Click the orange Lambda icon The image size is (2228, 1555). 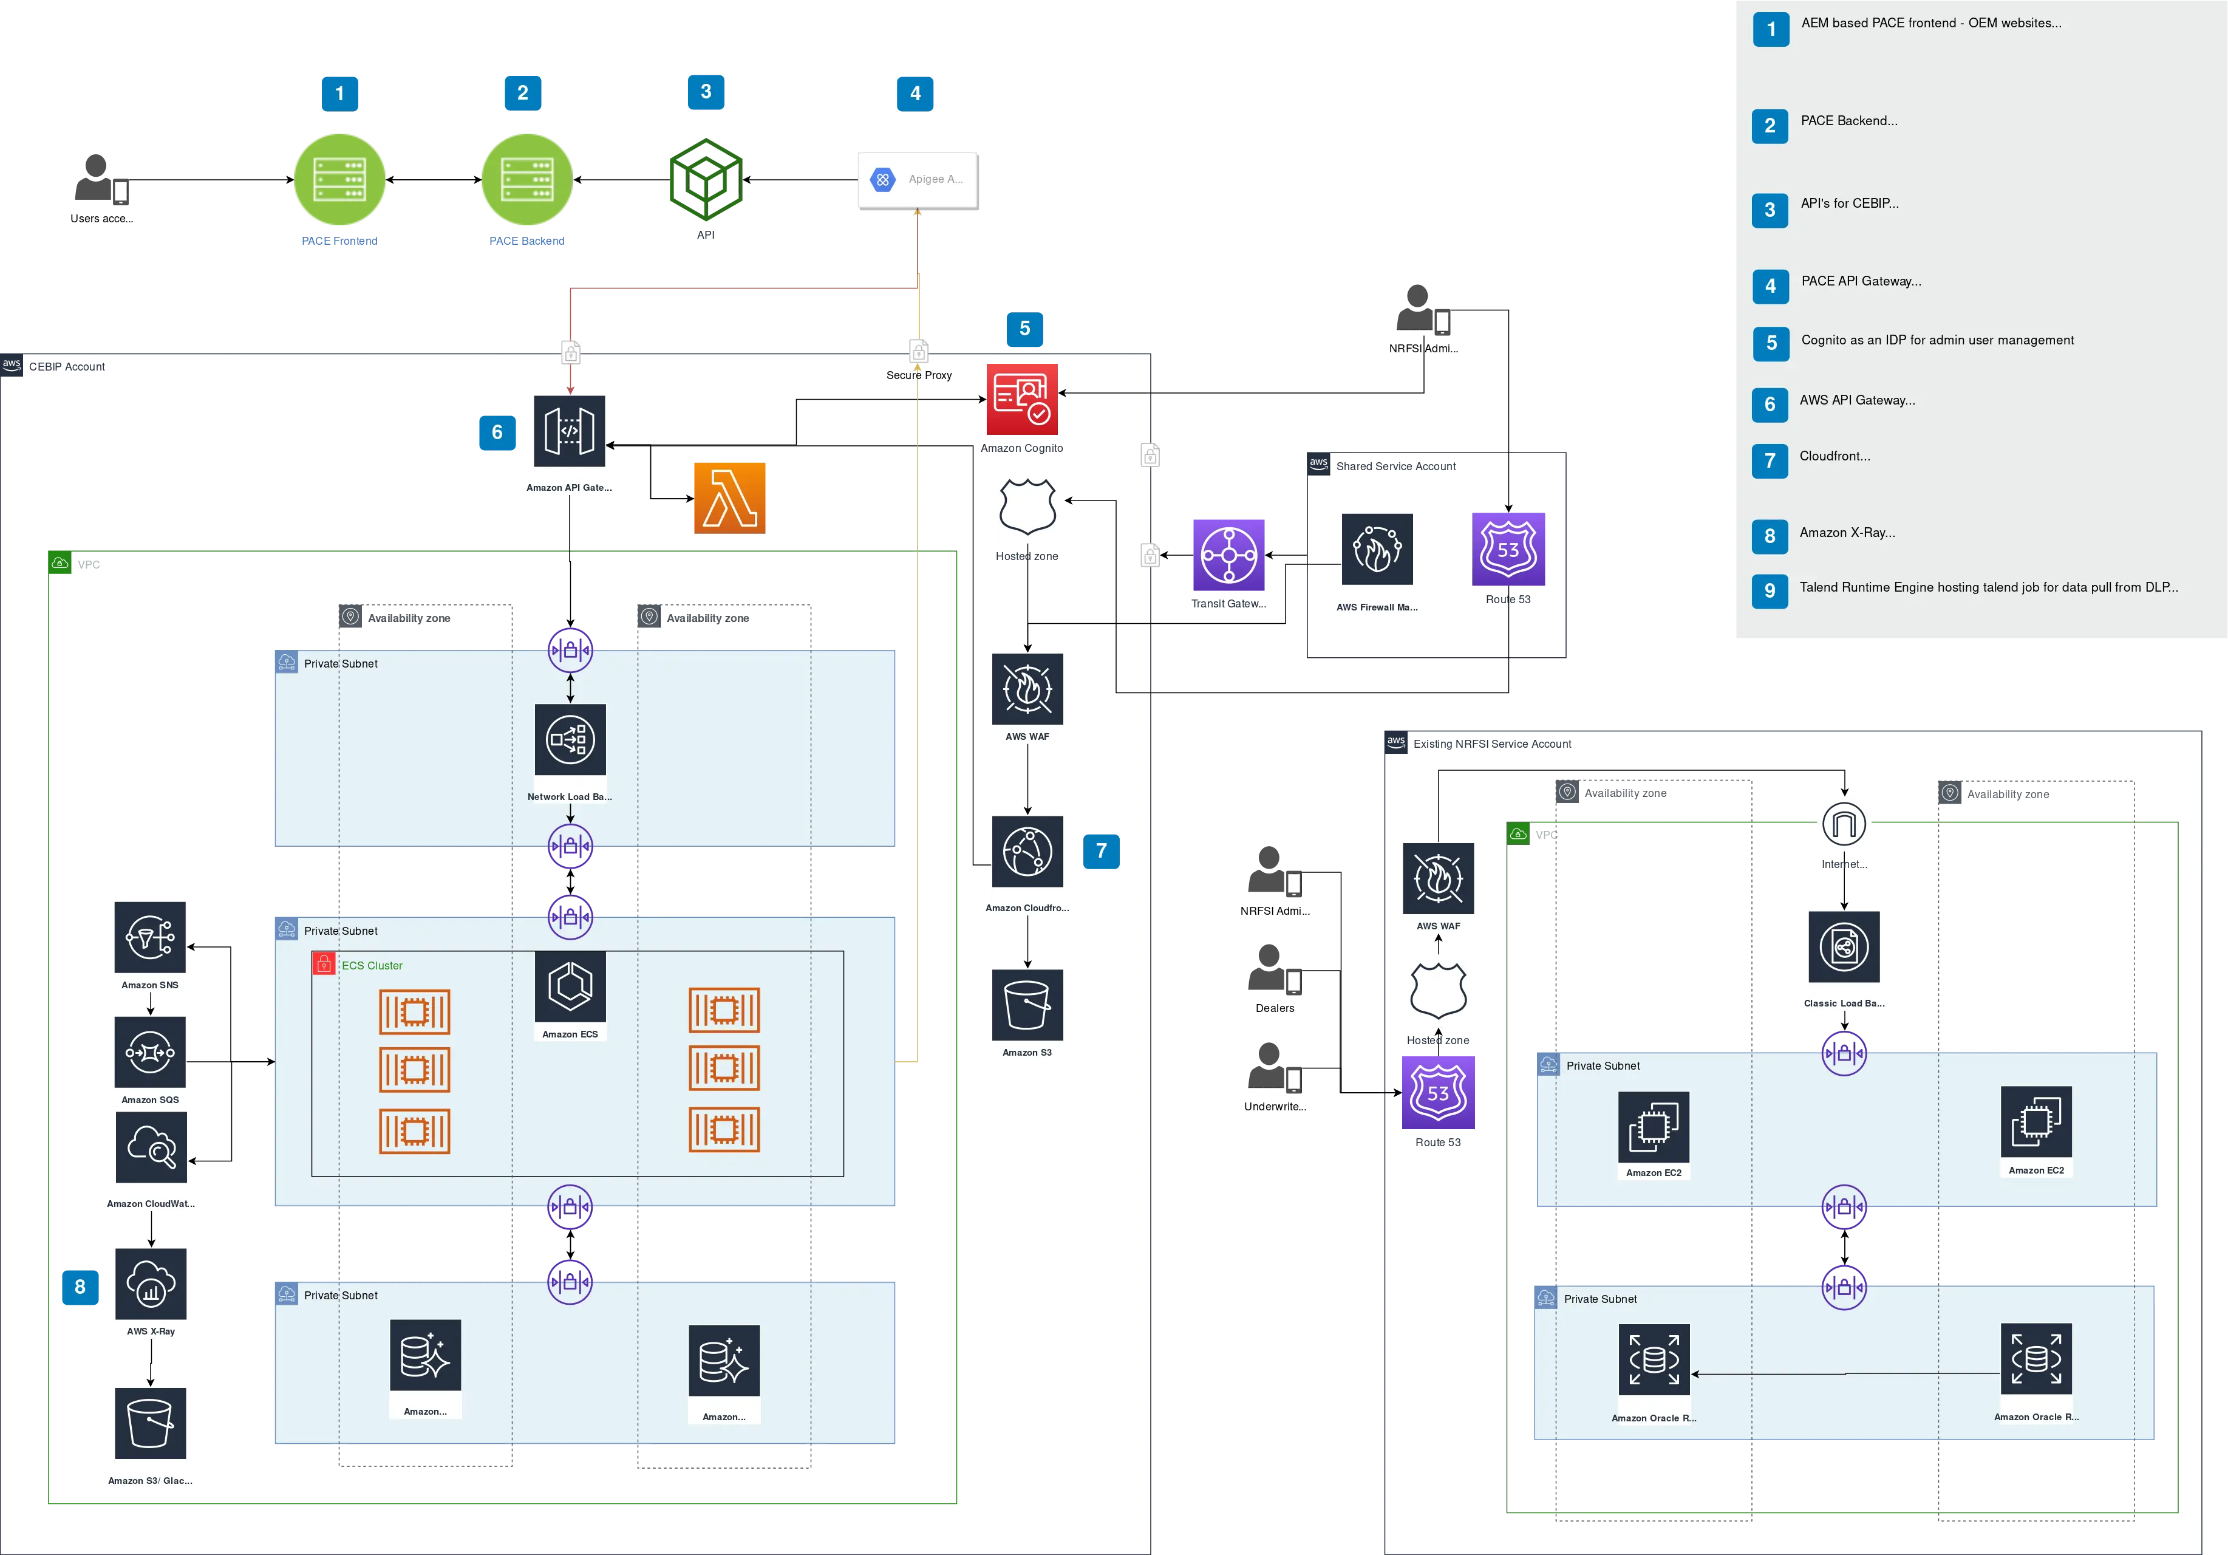click(x=729, y=498)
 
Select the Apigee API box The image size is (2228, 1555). click(x=917, y=179)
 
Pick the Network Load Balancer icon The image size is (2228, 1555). click(x=570, y=740)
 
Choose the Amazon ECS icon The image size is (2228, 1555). click(x=570, y=986)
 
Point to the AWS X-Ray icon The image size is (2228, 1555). click(x=151, y=1283)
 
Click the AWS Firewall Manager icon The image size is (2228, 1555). click(x=1378, y=550)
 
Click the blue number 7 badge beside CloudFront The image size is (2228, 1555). click(x=1102, y=850)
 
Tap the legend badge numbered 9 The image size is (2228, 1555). click(x=1770, y=590)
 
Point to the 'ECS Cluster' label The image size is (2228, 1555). click(x=372, y=966)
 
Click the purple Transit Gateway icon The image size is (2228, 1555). click(x=1228, y=554)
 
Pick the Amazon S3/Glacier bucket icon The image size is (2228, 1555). click(x=151, y=1423)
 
